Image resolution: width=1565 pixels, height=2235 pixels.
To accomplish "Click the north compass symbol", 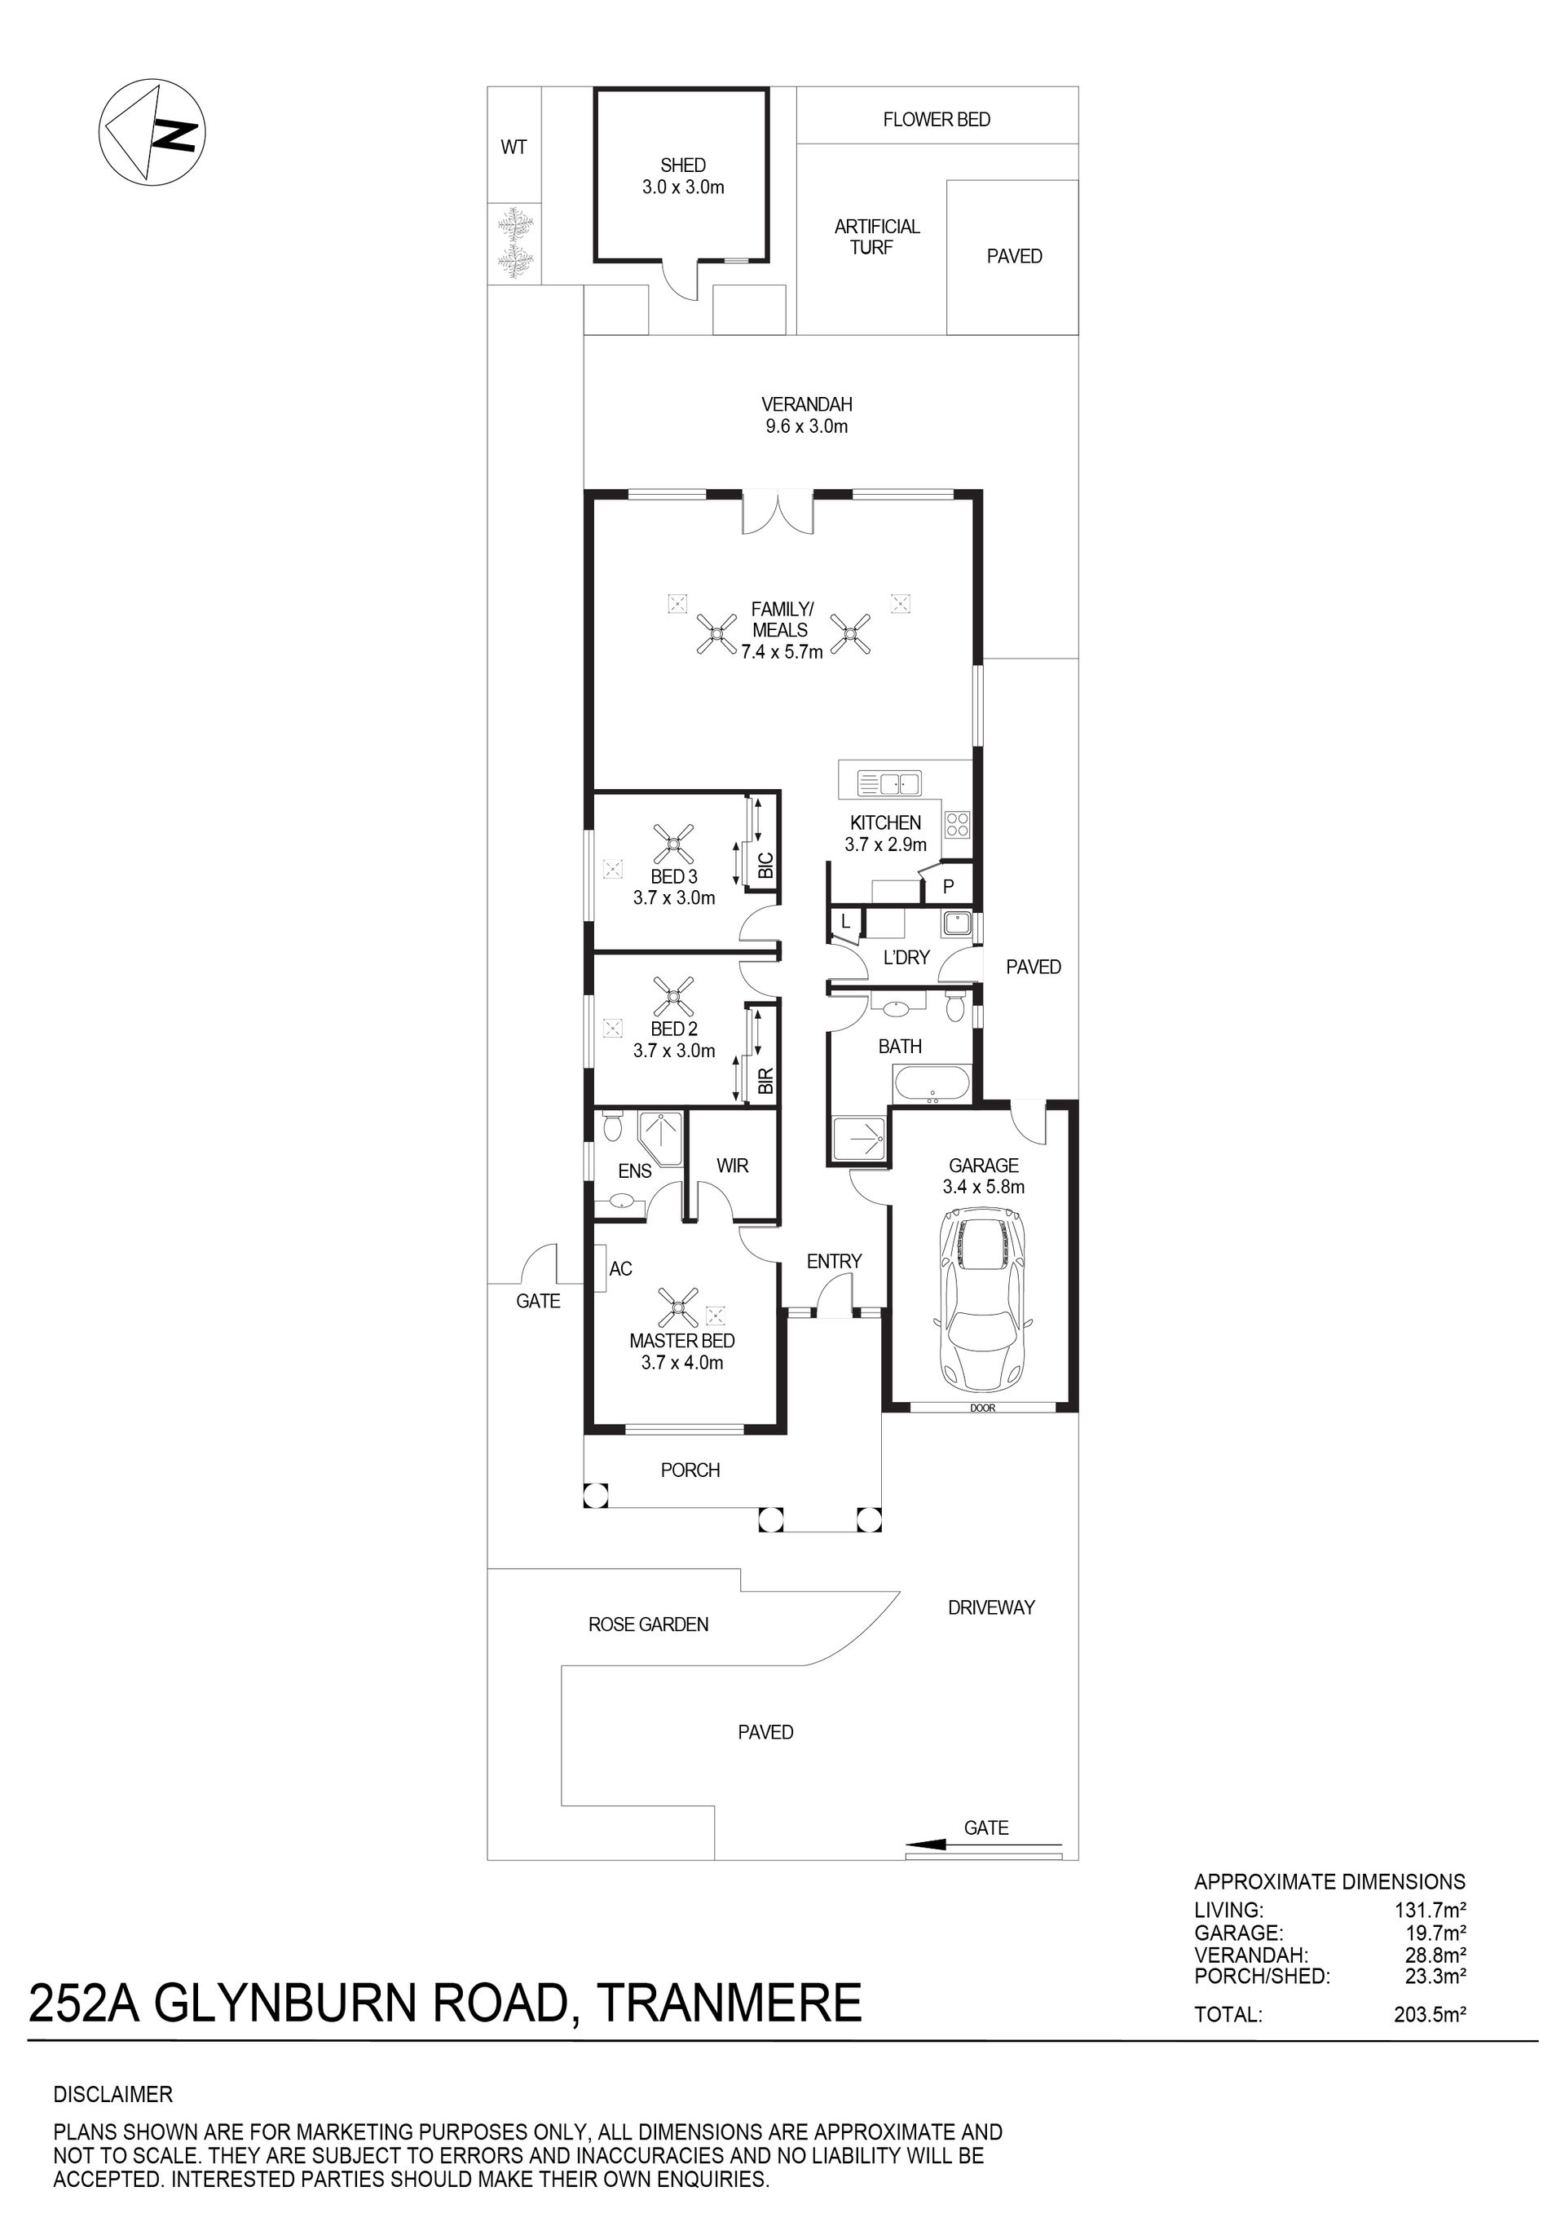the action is (152, 132).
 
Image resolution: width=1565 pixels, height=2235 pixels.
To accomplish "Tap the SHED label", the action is (682, 165).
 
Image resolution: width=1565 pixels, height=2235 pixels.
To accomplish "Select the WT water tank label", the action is (514, 147).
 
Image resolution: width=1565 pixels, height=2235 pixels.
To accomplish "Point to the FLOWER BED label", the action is (937, 120).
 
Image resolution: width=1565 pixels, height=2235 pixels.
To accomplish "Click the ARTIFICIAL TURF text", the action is (876, 236).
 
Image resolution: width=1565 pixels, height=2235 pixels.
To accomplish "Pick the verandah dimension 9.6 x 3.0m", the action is (806, 426).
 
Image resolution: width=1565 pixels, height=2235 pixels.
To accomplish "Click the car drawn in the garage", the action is (983, 1298).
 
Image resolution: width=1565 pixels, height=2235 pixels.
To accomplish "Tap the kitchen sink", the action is (888, 783).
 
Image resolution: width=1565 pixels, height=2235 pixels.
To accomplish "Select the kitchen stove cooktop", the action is (957, 825).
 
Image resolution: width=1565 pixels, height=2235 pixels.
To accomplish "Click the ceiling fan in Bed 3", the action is (673, 844).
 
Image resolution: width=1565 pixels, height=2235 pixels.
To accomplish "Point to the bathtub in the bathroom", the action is (932, 1083).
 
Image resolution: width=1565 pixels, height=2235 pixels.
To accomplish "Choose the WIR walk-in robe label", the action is (732, 1166).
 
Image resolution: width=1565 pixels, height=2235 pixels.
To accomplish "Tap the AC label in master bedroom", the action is (620, 1268).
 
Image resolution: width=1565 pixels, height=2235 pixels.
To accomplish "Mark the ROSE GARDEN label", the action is (648, 1624).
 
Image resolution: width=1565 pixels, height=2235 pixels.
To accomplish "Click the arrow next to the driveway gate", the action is (983, 1844).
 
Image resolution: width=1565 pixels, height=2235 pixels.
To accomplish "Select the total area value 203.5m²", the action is (1430, 2014).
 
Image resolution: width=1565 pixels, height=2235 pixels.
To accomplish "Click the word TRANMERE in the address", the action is (729, 2003).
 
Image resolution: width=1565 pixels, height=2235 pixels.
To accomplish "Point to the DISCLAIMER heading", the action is (113, 2094).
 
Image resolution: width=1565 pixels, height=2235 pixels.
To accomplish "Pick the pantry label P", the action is (948, 887).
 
